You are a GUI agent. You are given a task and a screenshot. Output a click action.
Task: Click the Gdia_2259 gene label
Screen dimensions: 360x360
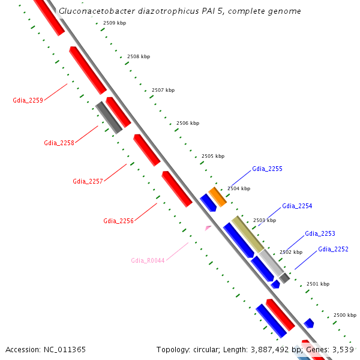[28, 101]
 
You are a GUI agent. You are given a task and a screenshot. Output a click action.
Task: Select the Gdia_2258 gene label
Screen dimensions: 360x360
[59, 143]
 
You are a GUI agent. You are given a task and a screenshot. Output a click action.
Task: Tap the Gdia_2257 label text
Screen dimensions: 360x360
[88, 181]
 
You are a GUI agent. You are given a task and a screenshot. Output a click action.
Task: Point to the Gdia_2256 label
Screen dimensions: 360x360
[118, 221]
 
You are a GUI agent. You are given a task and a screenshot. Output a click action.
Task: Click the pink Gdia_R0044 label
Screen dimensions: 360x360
[148, 260]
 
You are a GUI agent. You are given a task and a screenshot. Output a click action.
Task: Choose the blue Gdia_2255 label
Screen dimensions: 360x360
[267, 169]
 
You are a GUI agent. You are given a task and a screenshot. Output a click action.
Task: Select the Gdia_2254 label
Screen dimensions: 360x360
[297, 206]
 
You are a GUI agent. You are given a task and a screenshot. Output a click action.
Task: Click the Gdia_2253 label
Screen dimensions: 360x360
[320, 233]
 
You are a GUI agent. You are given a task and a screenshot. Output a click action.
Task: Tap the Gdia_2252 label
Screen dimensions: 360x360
[333, 249]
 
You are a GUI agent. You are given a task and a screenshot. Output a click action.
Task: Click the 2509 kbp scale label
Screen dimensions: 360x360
[115, 23]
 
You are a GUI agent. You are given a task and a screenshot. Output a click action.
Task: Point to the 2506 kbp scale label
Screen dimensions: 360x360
[188, 123]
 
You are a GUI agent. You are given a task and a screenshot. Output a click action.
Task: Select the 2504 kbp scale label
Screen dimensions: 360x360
[239, 188]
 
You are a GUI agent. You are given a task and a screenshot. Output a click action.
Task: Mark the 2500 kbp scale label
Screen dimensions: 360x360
[345, 315]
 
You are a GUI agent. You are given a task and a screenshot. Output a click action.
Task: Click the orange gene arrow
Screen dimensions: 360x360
[217, 197]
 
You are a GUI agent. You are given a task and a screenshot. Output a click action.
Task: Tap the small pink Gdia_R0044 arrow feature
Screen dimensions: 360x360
[208, 228]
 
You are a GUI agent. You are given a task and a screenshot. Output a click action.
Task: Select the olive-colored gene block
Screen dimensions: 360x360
[248, 234]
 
